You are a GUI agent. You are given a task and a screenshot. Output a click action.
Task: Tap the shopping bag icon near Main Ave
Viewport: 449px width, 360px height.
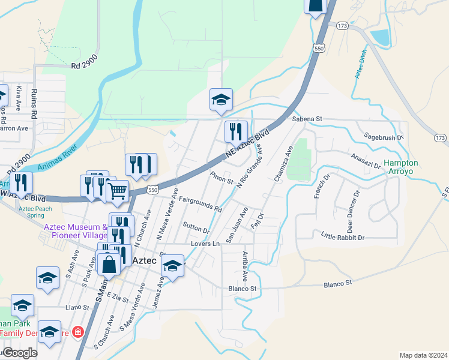(x=110, y=264)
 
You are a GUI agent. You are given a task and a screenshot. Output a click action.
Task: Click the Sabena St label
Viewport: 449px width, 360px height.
(x=307, y=119)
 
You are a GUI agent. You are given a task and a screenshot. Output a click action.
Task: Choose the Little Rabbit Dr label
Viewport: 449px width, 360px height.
(x=343, y=237)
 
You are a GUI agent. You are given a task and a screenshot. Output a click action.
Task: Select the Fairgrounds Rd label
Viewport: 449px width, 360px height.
(x=200, y=205)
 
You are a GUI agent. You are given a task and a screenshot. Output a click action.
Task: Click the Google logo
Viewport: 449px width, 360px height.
(x=19, y=353)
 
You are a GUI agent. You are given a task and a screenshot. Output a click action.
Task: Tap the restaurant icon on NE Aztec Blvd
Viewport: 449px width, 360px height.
(x=236, y=131)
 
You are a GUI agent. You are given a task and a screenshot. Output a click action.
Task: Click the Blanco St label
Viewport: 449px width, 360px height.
(x=243, y=289)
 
